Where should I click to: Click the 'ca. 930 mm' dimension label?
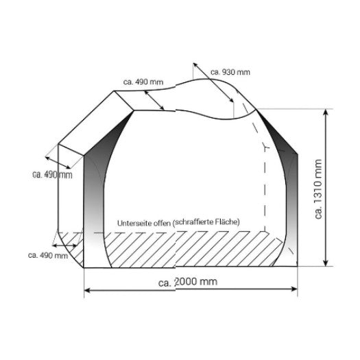(230, 72)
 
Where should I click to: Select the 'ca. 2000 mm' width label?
(188, 282)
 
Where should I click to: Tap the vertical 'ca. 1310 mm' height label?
(318, 189)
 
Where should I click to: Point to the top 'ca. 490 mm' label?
(143, 82)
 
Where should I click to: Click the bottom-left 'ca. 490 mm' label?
(48, 255)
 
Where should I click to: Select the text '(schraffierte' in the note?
(193, 222)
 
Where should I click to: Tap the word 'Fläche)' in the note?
(228, 221)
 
